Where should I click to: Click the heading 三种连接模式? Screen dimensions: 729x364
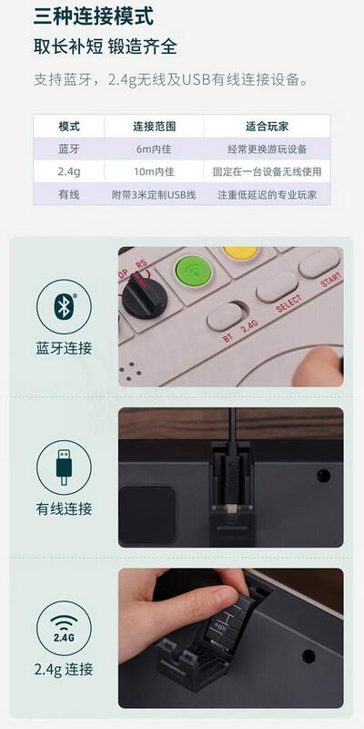pyautogui.click(x=93, y=16)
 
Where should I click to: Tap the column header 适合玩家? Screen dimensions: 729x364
pyautogui.click(x=267, y=126)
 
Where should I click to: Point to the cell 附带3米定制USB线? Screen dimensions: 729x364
pyautogui.click(x=154, y=194)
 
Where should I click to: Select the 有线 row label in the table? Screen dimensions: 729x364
pyautogui.click(x=69, y=194)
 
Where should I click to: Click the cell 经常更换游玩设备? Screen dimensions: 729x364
pyautogui.click(x=267, y=149)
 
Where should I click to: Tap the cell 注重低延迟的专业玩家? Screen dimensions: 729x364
pyautogui.click(x=267, y=194)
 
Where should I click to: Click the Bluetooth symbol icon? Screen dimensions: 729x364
pyautogui.click(x=64, y=308)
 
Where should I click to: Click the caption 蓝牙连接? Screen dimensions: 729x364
pyautogui.click(x=64, y=348)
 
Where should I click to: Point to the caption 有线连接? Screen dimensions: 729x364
pyautogui.click(x=64, y=508)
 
